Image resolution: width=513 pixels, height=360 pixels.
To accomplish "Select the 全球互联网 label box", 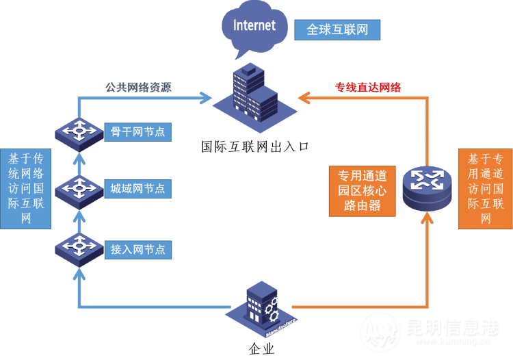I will [x=337, y=30].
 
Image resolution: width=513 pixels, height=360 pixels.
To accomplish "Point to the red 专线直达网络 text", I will [x=368, y=87].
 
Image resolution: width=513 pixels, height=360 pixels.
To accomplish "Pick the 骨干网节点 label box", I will [x=137, y=131].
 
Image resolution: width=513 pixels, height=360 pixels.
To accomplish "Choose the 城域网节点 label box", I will [x=137, y=188].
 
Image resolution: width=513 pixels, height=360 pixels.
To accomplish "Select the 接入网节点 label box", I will [x=137, y=249].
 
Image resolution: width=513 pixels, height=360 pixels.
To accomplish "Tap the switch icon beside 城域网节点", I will [x=79, y=188].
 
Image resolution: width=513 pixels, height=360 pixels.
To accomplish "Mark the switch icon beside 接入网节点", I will [x=79, y=248].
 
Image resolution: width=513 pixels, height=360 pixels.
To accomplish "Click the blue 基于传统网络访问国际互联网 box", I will [x=26, y=188].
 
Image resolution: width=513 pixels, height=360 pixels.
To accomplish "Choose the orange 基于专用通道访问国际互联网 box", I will [x=486, y=188].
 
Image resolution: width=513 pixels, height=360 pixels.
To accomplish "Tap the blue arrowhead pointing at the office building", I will [x=205, y=99].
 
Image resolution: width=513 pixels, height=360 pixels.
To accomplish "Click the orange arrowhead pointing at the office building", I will [x=305, y=99].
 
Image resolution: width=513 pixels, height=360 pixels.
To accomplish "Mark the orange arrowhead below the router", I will [x=428, y=218].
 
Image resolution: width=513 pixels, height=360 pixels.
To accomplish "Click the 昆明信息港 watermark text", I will [x=448, y=329].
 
